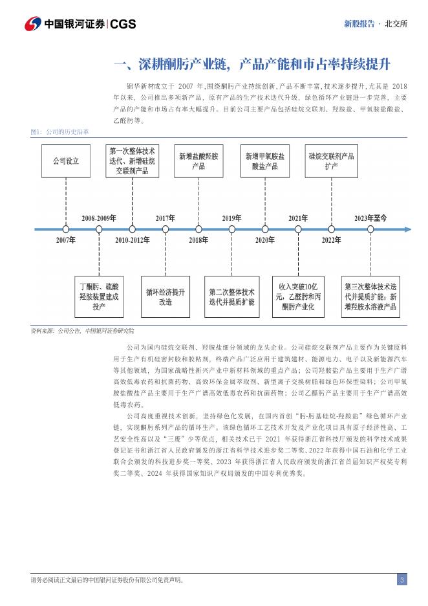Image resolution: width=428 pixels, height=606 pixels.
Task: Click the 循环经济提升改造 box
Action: coord(166,297)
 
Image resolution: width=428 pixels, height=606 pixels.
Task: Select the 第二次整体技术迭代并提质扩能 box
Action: coord(231,297)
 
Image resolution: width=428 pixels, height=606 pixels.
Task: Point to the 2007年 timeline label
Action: coord(66,240)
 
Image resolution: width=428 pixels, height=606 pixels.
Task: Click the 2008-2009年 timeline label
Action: coord(98,218)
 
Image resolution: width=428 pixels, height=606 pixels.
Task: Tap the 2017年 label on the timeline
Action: coord(166,218)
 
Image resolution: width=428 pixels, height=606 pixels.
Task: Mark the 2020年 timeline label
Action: coord(264,240)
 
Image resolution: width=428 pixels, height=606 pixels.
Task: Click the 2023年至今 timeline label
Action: coord(370,218)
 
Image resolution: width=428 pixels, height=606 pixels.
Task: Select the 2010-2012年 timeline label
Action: coord(133,240)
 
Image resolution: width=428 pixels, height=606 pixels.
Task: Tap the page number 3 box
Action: coord(401,579)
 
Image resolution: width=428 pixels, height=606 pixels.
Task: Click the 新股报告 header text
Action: coord(359,24)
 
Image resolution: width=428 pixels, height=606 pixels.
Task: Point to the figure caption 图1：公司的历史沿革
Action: coord(59,131)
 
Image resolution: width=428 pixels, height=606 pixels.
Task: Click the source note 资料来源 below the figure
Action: coord(82,331)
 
